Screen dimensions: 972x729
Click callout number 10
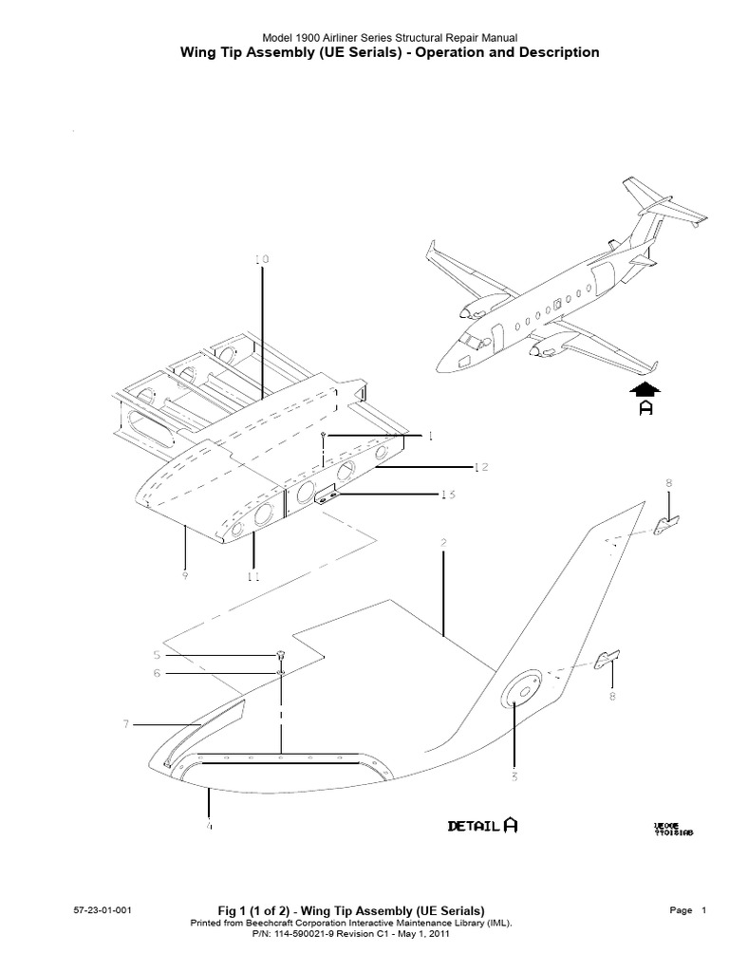(262, 259)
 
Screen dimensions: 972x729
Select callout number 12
(480, 466)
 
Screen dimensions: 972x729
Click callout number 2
(443, 544)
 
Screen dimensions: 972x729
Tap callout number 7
(125, 725)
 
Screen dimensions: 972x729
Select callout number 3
(514, 777)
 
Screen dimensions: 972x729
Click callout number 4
(209, 827)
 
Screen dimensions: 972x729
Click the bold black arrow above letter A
(645, 388)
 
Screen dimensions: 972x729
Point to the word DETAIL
(474, 827)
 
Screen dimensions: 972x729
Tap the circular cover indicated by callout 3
(517, 690)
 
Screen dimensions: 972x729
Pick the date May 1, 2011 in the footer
(418, 934)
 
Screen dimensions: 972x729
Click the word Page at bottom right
(681, 910)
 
